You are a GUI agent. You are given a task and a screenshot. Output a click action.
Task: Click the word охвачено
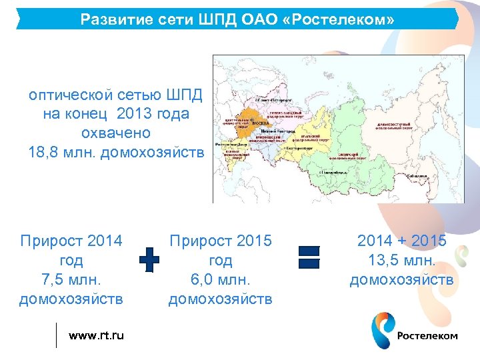pyautogui.click(x=116, y=133)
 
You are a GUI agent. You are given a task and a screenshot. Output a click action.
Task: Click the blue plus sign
pyautogui.click(x=149, y=259)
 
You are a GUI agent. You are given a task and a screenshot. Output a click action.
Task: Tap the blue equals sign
pyautogui.click(x=309, y=257)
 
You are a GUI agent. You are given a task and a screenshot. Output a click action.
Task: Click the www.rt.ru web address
pyautogui.click(x=96, y=335)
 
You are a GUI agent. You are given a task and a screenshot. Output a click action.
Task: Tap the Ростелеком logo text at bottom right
pyautogui.click(x=427, y=336)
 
